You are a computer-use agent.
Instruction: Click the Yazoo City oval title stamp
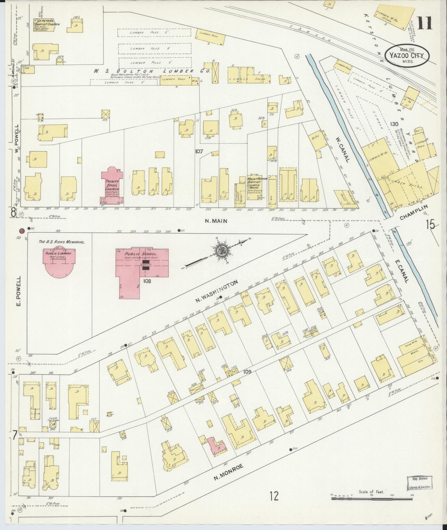[x=407, y=56]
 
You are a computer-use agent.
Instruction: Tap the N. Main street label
[x=217, y=221]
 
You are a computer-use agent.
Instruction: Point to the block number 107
[x=199, y=152]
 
